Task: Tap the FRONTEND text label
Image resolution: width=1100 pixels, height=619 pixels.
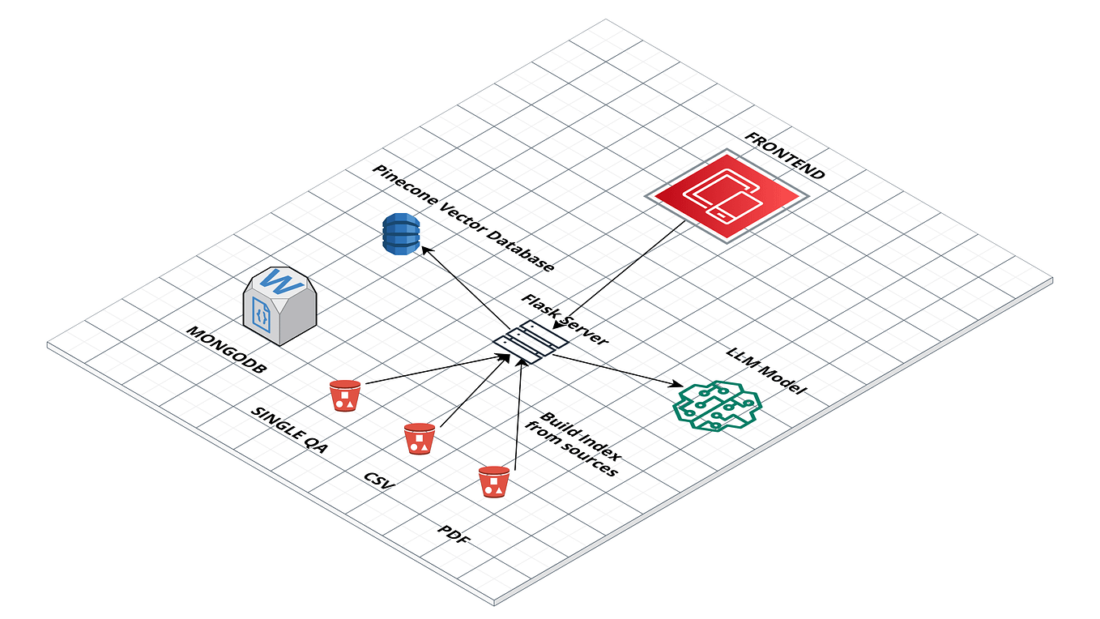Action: click(x=783, y=155)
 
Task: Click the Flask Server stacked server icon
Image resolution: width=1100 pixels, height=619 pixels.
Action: click(x=532, y=341)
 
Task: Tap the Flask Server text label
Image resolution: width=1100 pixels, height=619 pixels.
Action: click(x=564, y=319)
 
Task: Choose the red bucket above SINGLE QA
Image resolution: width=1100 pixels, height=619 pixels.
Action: click(x=345, y=395)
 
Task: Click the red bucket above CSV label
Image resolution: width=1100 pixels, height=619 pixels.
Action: click(x=420, y=438)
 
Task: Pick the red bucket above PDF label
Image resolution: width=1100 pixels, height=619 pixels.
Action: click(x=493, y=481)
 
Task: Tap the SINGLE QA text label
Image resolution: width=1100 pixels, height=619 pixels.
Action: click(x=289, y=430)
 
